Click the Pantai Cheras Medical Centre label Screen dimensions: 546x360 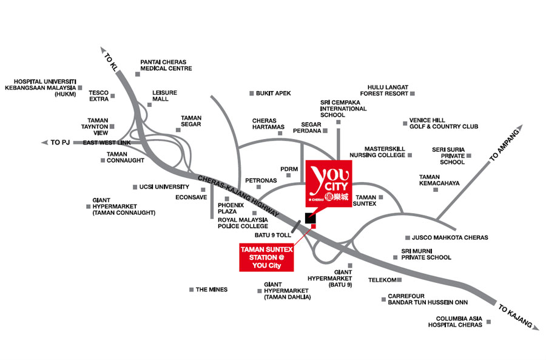click(x=166, y=65)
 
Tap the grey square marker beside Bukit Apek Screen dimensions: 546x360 click(x=251, y=93)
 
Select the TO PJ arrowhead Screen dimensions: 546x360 click(x=44, y=142)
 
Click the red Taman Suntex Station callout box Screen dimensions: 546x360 click(x=266, y=257)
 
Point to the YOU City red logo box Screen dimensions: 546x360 click(x=329, y=184)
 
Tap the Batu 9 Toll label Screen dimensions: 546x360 click(x=272, y=235)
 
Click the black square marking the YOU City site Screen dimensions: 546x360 click(x=310, y=218)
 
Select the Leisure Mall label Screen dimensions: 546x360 click(x=164, y=96)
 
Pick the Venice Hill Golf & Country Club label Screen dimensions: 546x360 click(x=443, y=123)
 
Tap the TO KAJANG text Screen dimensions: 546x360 click(x=515, y=316)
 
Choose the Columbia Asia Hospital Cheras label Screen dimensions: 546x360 click(x=455, y=322)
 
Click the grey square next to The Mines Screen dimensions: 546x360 click(x=191, y=290)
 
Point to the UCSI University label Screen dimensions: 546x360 click(x=164, y=187)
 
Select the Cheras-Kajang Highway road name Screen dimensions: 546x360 click(x=238, y=196)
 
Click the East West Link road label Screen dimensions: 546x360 click(x=107, y=143)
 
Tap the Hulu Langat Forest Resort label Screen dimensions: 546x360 click(x=384, y=90)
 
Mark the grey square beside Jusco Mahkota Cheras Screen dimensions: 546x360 click(x=408, y=238)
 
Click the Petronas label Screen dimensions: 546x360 click(x=261, y=180)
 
